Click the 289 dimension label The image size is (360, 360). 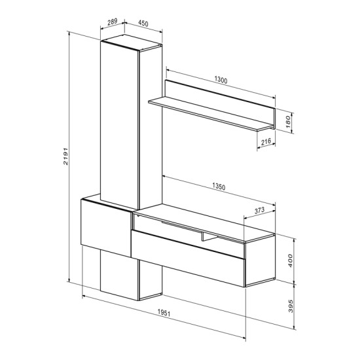coord(112,22)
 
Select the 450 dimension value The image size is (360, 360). coord(143,24)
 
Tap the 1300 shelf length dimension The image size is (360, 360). coord(220,81)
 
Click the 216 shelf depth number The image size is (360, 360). coord(266,141)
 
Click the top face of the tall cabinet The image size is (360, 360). coord(131,43)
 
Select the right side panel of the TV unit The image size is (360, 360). coord(261,262)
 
